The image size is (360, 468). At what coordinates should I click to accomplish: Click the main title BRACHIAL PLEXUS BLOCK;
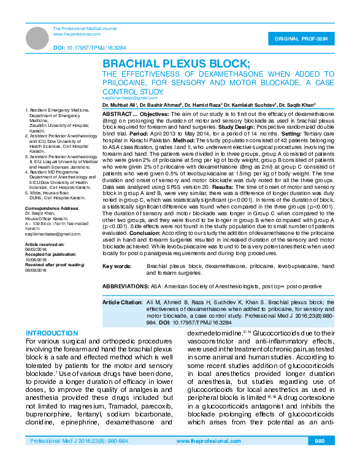pos(175,64)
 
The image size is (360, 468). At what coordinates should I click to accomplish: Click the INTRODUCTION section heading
pos(52,334)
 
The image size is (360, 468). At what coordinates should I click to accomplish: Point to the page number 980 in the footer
pos(319,442)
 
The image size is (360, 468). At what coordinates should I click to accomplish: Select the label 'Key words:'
pos(117,266)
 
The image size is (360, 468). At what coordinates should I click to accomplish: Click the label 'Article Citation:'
pos(122,303)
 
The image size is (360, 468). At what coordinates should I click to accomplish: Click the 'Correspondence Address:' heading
pos(51,209)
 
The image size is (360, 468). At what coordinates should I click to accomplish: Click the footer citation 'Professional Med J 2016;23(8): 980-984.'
pos(74,442)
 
